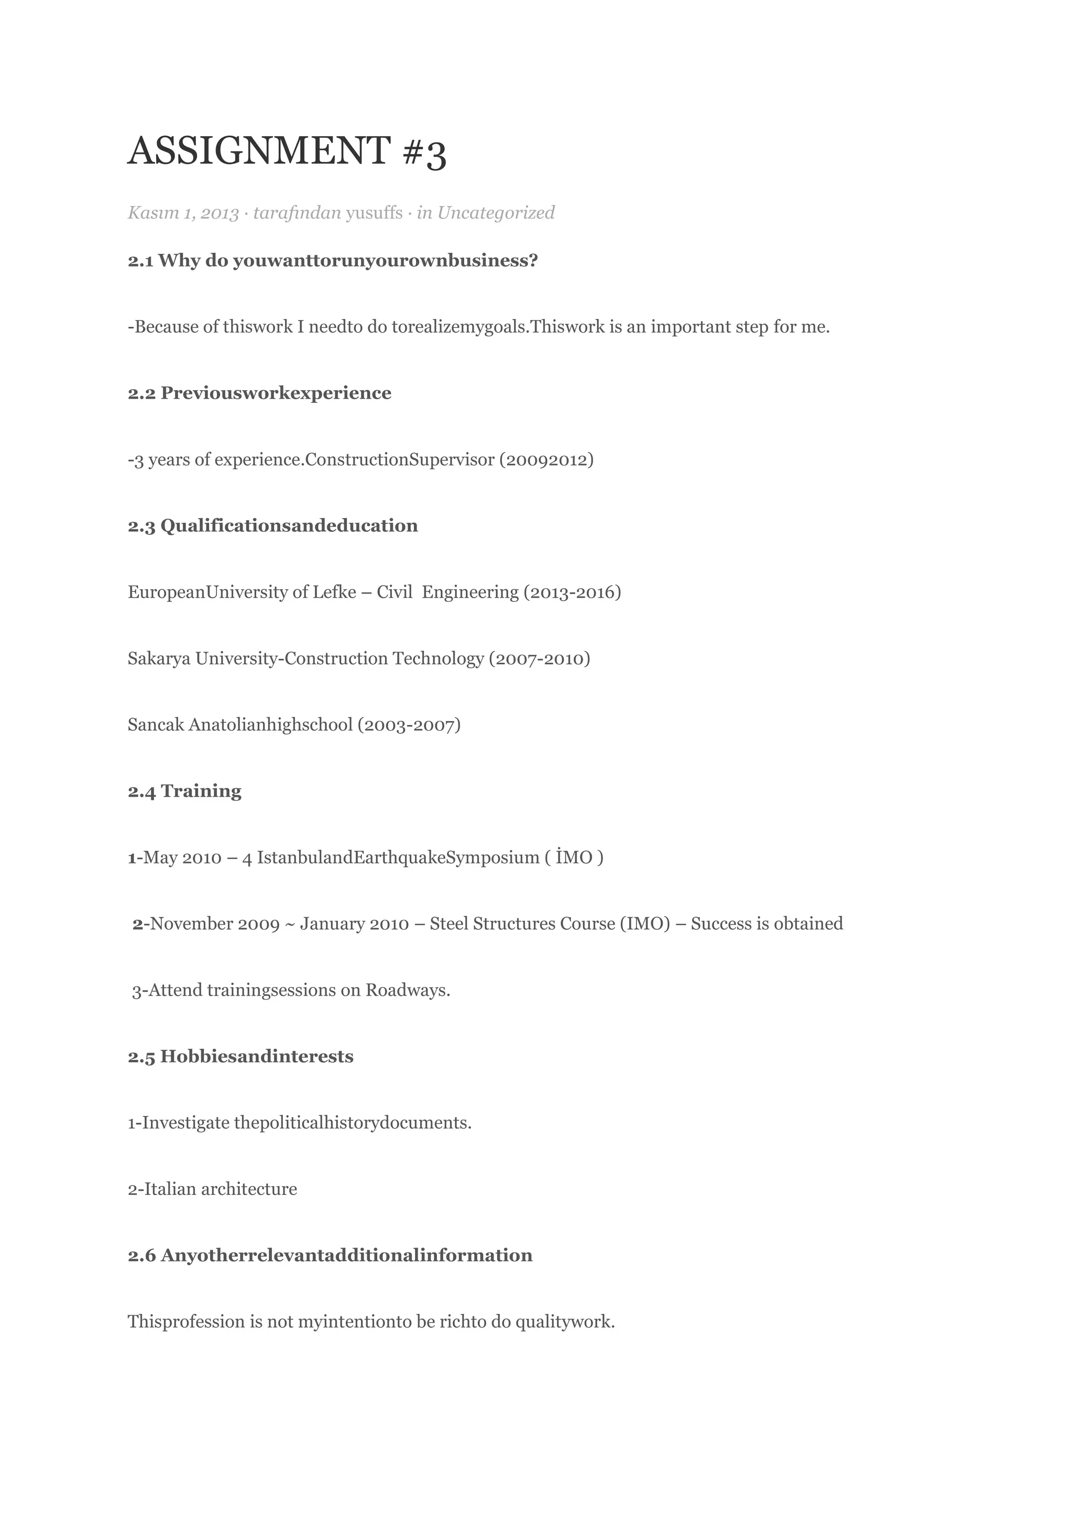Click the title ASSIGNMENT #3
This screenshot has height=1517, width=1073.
point(287,151)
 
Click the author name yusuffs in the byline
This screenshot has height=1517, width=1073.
point(374,213)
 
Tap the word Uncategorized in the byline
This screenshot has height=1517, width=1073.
point(496,213)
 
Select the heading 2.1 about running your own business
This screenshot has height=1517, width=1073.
point(332,260)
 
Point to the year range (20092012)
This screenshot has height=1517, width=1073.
point(546,460)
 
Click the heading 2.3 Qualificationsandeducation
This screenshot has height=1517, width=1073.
point(272,526)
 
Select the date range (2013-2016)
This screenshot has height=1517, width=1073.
point(572,592)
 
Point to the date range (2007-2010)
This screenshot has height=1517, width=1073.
point(539,659)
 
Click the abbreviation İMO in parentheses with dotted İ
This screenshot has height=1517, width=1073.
point(574,858)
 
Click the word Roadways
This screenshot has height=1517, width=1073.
point(407,991)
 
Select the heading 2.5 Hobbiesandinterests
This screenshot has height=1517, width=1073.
point(240,1057)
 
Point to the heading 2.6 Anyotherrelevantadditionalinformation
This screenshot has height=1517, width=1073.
point(330,1256)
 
